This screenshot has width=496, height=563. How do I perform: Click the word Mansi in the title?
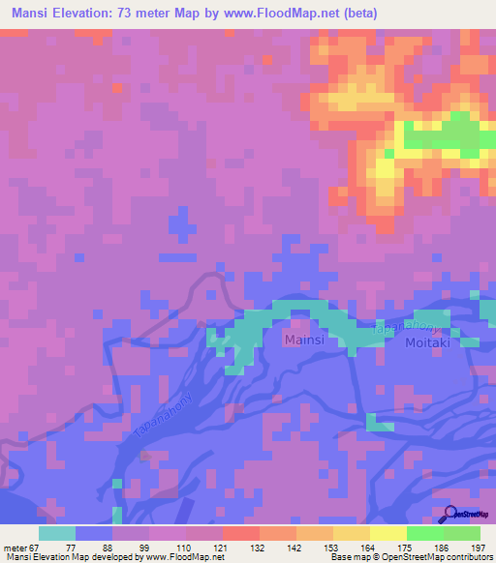click(x=35, y=14)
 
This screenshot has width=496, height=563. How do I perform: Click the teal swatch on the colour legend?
click(x=57, y=533)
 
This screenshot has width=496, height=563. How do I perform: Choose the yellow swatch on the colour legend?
click(x=387, y=533)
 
